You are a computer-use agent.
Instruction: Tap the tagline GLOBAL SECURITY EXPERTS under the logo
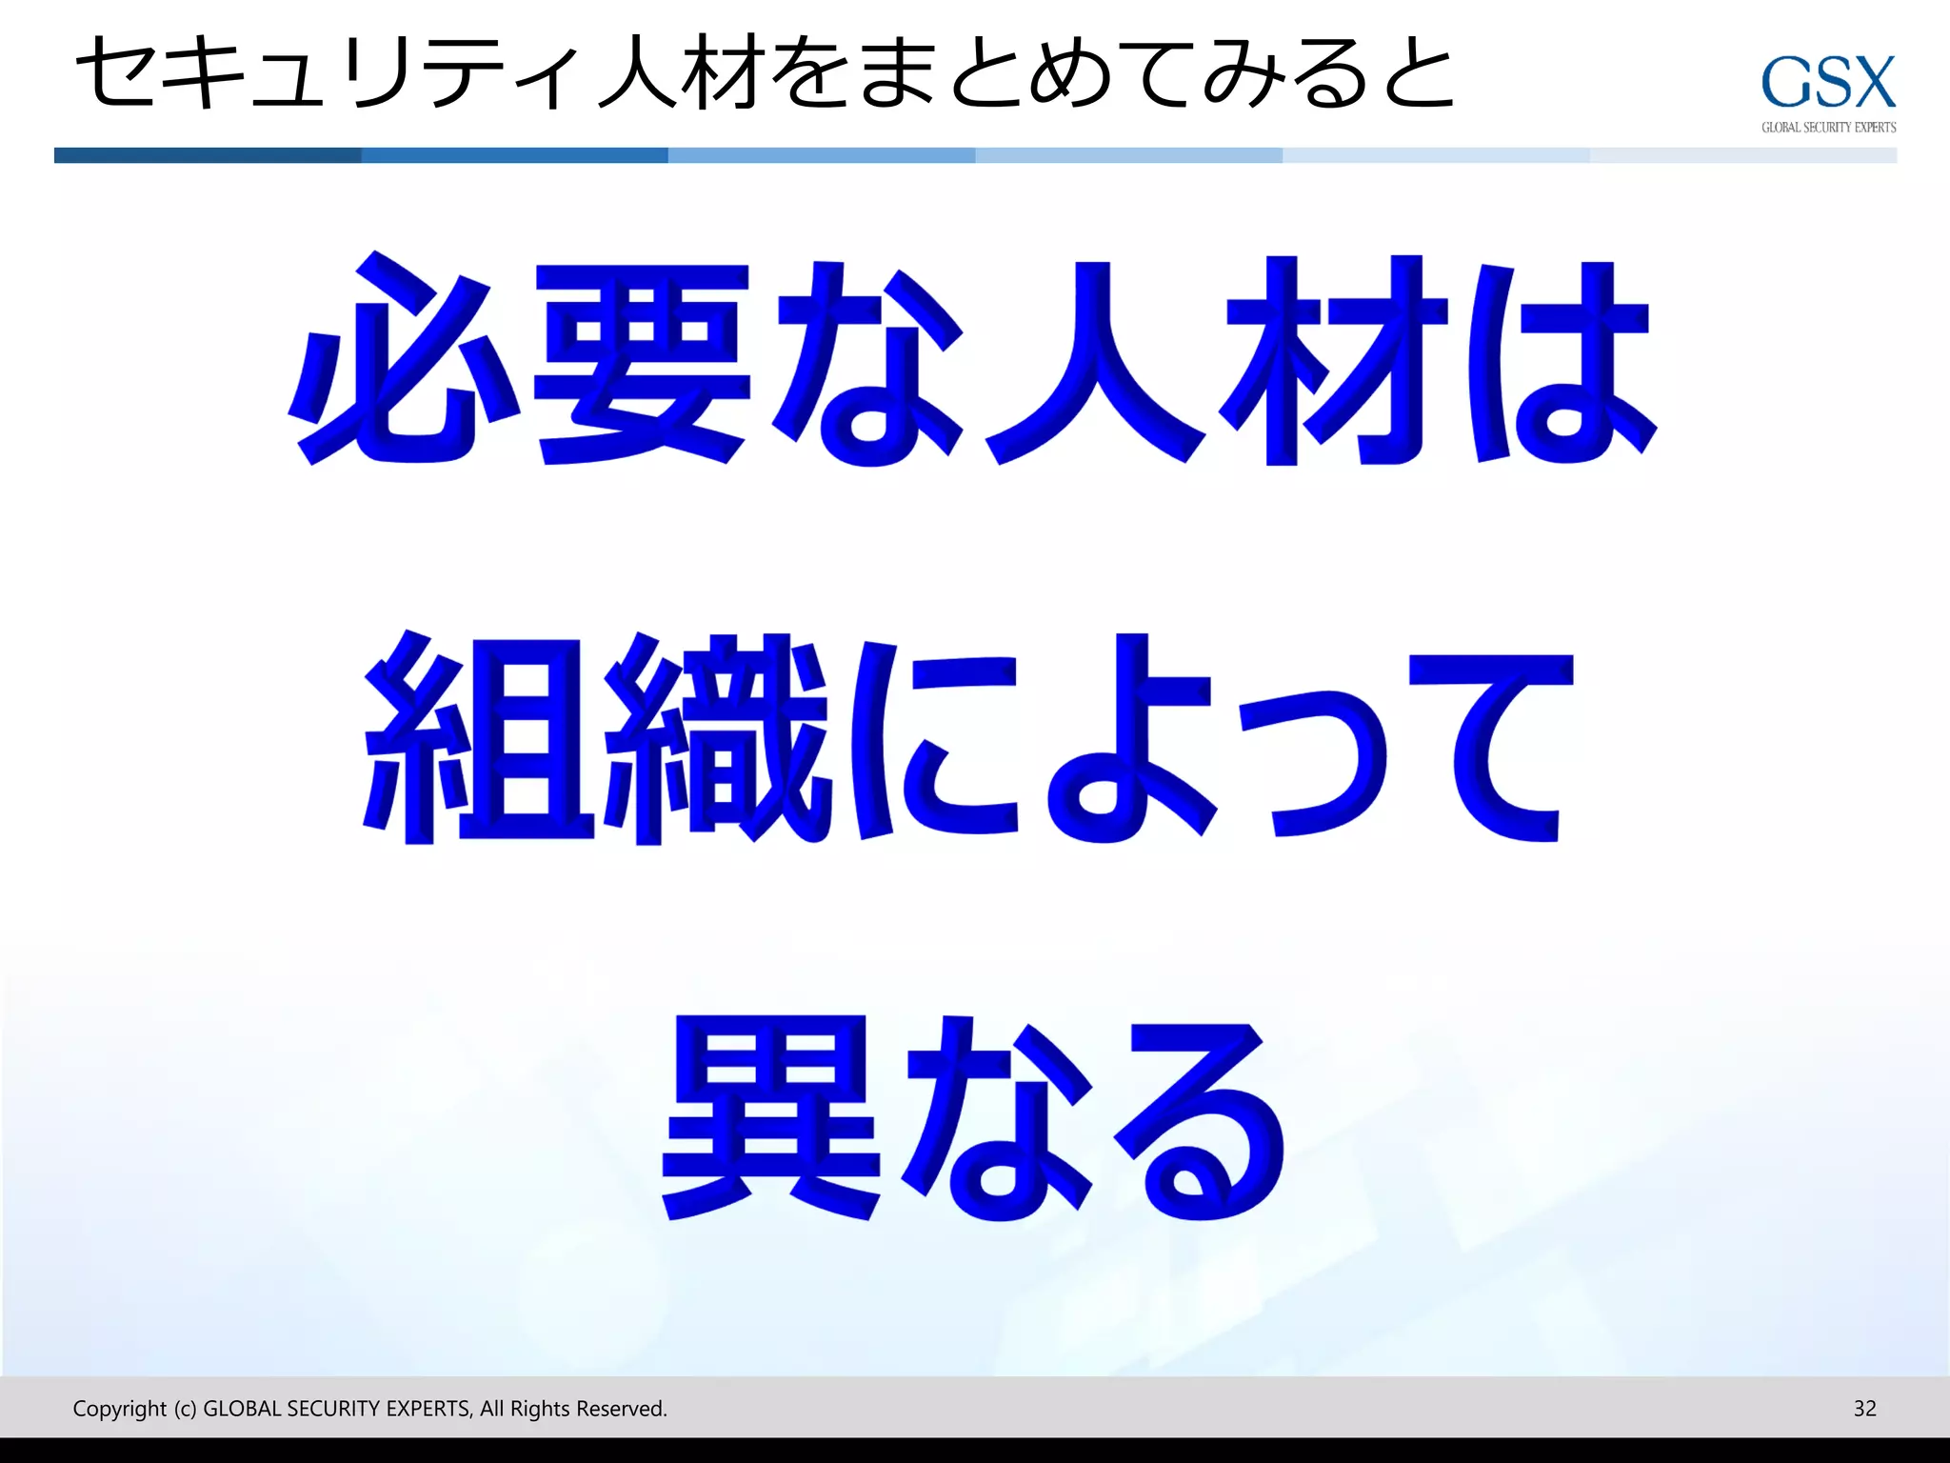[1828, 128]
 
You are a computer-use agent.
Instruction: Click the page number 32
[1864, 1408]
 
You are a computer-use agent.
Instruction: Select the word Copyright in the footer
[119, 1409]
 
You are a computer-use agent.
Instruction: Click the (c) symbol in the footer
[185, 1409]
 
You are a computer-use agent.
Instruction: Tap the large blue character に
[938, 738]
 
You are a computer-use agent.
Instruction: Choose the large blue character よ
[1128, 738]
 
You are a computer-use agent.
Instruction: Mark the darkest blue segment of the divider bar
[208, 155]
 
